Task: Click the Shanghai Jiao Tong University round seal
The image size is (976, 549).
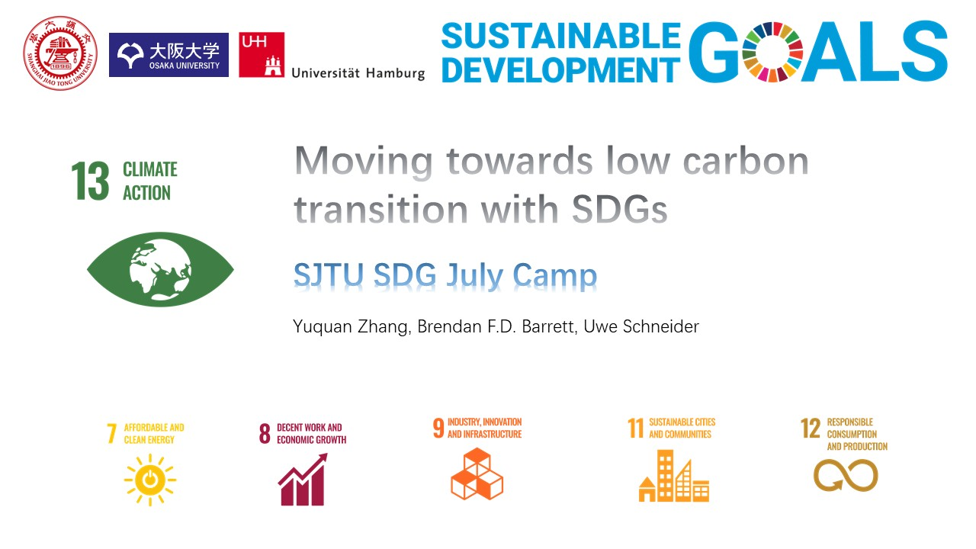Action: click(x=60, y=53)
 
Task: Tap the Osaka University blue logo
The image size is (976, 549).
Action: click(x=169, y=55)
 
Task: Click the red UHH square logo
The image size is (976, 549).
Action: click(x=262, y=55)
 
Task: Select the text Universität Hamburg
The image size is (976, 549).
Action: click(x=358, y=73)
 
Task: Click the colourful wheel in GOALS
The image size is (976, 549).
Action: click(x=772, y=52)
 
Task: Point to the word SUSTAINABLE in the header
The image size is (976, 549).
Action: click(x=561, y=35)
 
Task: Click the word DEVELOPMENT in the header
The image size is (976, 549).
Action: click(x=561, y=69)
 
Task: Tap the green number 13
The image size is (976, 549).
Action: click(x=90, y=181)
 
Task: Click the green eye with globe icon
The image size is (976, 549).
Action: click(x=160, y=269)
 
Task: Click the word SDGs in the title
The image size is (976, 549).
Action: click(x=619, y=209)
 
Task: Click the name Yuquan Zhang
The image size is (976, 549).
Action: click(x=351, y=327)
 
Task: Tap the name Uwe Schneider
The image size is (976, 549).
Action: click(x=641, y=326)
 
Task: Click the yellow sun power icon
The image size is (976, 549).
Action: click(x=150, y=480)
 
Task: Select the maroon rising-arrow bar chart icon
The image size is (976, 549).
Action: click(x=303, y=480)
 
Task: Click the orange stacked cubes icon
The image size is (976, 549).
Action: click(x=477, y=474)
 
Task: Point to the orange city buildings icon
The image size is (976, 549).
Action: click(x=674, y=476)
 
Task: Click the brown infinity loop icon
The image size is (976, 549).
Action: click(x=846, y=475)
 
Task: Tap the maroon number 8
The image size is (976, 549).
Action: click(x=265, y=434)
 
